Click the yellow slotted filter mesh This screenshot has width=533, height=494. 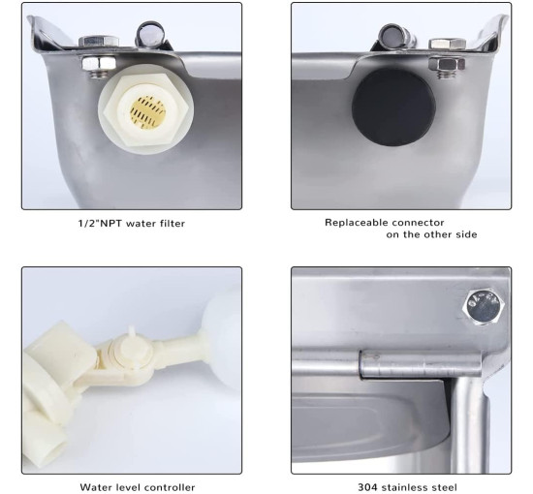[147, 111]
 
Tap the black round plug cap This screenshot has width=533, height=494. [393, 108]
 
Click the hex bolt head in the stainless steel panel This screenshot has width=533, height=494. [484, 307]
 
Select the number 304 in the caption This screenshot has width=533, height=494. [368, 487]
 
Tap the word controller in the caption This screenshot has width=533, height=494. [171, 487]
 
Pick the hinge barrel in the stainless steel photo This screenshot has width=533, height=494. [421, 364]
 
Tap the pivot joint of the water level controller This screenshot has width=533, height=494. [132, 354]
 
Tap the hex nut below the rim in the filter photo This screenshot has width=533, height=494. [99, 63]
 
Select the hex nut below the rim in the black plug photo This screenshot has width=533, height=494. [447, 64]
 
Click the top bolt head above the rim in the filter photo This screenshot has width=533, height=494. [99, 42]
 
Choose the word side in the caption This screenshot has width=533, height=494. [466, 234]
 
